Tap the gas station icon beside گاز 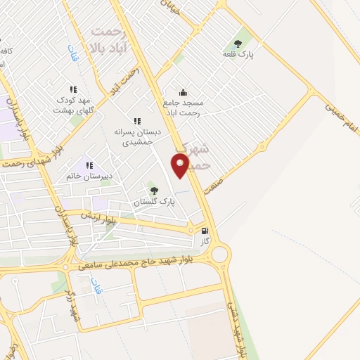coord(205,229)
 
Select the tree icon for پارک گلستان coord(153,190)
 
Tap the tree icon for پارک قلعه coord(246,41)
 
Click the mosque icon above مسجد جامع coord(183,92)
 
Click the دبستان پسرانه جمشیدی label coord(138,136)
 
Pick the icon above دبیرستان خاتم coord(89,166)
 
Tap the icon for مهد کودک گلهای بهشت coord(73,89)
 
